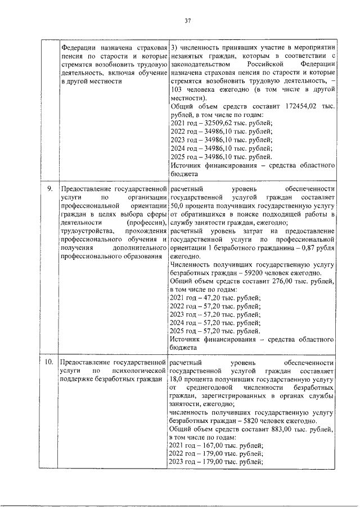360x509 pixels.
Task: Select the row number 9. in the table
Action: (50, 189)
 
